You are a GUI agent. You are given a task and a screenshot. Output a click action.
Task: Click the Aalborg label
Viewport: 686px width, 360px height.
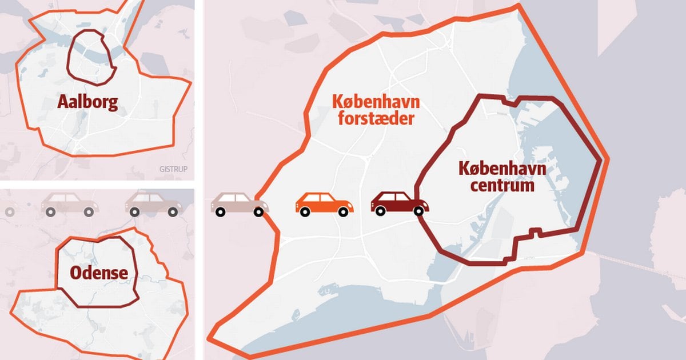point(87,102)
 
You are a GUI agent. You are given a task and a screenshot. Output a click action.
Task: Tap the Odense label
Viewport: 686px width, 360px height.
point(98,273)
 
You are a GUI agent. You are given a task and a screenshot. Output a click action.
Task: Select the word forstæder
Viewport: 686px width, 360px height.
point(373,119)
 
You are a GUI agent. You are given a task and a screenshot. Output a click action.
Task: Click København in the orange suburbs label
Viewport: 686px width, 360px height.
point(376,103)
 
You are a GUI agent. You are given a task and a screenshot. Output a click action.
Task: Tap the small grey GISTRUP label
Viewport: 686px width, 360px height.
point(174,169)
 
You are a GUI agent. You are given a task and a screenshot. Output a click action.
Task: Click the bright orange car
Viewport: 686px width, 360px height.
point(324,204)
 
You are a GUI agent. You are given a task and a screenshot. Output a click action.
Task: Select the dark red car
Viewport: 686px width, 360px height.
point(399,203)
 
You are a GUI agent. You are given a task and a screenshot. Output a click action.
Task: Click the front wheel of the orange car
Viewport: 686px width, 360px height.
point(343,211)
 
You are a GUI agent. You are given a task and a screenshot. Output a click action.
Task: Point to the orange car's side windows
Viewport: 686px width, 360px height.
point(321,198)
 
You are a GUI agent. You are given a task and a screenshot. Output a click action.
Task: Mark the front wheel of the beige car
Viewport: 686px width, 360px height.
point(258,211)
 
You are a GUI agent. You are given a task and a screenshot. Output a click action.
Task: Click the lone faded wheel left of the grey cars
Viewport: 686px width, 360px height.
point(9,211)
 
